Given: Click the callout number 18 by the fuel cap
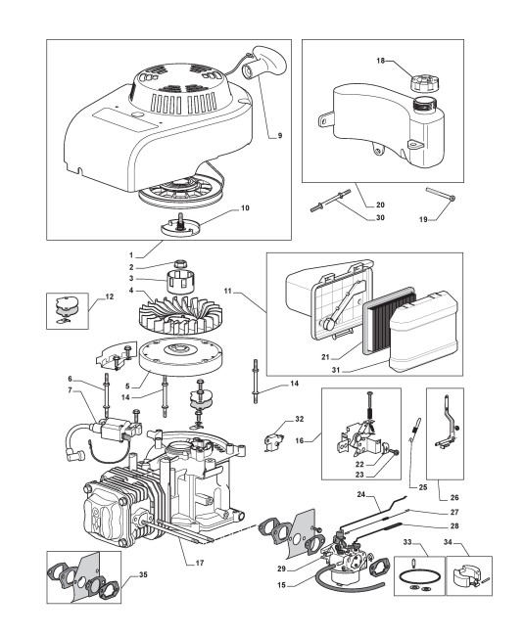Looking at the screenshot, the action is coord(380,61).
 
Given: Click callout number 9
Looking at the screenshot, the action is coord(280,136).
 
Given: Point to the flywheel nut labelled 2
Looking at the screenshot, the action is coord(179,264).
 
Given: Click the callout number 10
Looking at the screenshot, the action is coord(245,208).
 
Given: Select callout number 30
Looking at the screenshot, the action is coord(380,218).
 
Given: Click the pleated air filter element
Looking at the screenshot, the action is coord(388,321).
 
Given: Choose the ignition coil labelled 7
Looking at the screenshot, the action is coord(114,430).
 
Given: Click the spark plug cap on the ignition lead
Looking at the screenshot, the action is coord(73,456).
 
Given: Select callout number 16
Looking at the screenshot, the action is coord(300,440).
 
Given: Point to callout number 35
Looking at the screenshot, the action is coord(143,574).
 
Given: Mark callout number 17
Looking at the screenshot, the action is coord(199,563).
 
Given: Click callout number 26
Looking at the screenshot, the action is coord(454,497).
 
